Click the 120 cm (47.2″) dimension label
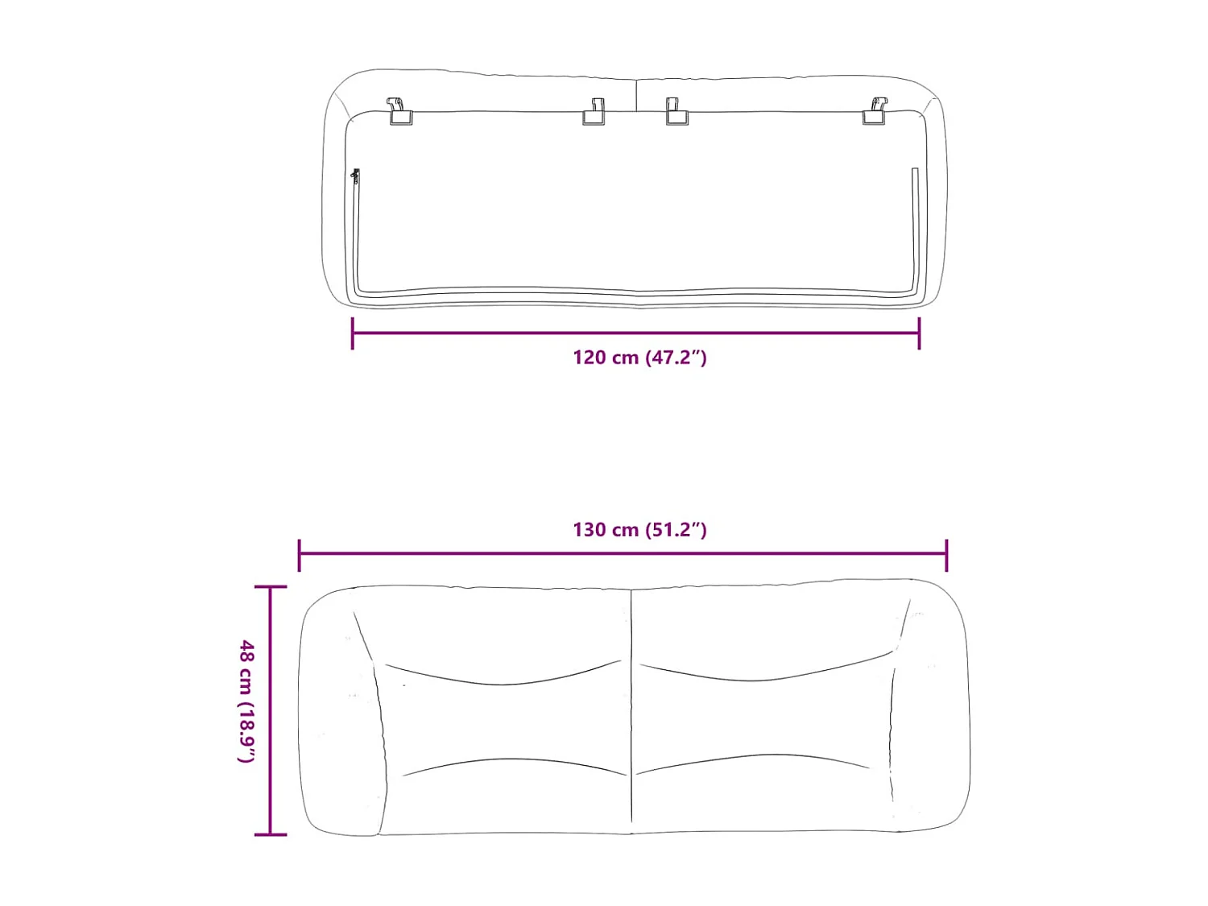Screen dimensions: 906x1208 (639, 358)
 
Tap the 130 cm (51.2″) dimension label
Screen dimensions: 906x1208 (639, 530)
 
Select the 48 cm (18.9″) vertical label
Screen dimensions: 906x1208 (247, 701)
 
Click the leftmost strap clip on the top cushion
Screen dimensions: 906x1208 (399, 112)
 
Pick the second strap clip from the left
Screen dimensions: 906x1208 (594, 112)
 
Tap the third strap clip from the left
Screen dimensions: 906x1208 (676, 112)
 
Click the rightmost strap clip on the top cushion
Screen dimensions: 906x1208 (875, 112)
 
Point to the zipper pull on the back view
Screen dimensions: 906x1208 (355, 176)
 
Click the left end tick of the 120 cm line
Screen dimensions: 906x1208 (353, 333)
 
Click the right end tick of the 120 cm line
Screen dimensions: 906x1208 (919, 333)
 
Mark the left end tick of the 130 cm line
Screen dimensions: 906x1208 (300, 555)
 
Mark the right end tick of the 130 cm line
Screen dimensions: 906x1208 (946, 555)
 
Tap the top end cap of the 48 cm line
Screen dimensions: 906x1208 (271, 587)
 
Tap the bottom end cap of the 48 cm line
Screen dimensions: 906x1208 (271, 834)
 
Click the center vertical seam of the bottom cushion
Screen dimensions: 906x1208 (631, 709)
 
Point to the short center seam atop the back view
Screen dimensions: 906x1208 (636, 95)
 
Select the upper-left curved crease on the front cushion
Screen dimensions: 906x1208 (503, 679)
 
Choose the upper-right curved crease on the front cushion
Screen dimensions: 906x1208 (765, 675)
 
